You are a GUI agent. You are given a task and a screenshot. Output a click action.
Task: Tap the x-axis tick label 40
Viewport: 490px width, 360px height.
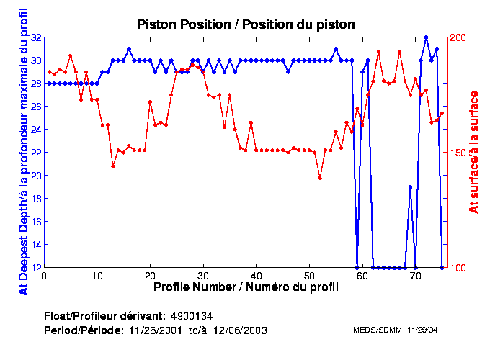pyautogui.click(x=256, y=275)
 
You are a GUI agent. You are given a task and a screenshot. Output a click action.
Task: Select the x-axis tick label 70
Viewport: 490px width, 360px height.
pyautogui.click(x=415, y=275)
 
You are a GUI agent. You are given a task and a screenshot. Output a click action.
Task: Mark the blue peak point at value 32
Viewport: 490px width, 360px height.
pyautogui.click(x=426, y=37)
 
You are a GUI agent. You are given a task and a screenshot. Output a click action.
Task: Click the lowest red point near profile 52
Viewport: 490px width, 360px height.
pyautogui.click(x=320, y=177)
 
